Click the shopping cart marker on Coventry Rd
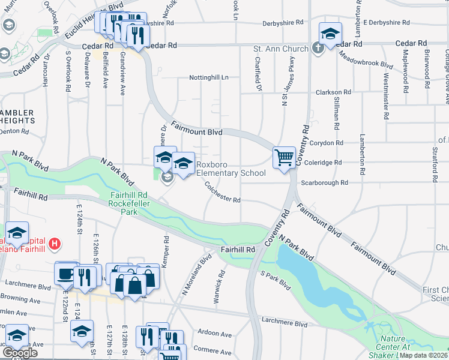point(284,158)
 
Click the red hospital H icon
point(54,244)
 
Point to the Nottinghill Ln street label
point(208,77)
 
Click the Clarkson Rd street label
point(334,92)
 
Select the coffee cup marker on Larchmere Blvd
point(65,273)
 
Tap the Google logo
point(20,353)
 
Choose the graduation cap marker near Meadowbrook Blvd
point(330,34)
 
